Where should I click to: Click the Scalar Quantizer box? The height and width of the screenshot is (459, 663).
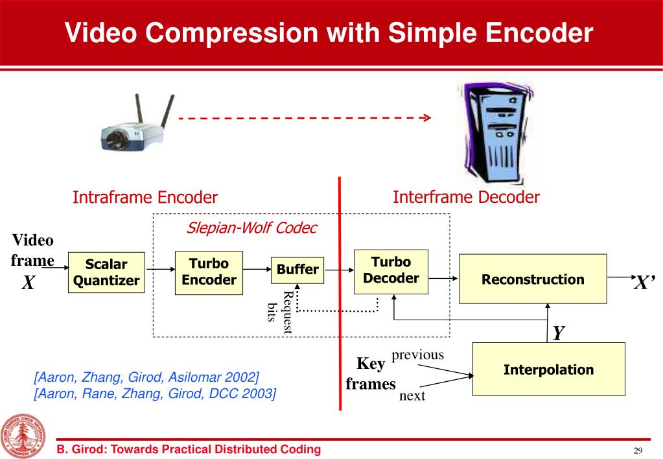[x=106, y=272]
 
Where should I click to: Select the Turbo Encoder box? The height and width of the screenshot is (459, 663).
[x=209, y=272]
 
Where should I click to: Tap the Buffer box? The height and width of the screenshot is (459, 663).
[x=297, y=269]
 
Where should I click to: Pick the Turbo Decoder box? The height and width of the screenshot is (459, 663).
[x=391, y=270]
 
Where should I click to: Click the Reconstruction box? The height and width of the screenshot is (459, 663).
[x=533, y=279]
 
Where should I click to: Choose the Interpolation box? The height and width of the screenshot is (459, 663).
[x=548, y=370]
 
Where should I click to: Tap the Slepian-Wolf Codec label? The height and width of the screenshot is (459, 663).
[x=251, y=228]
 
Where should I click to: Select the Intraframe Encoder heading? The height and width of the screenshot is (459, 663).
[x=145, y=197]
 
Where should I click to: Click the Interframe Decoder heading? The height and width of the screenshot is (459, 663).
[x=466, y=197]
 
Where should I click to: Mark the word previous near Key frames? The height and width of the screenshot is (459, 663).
[x=418, y=355]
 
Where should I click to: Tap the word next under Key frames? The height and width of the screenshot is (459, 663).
[x=412, y=395]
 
